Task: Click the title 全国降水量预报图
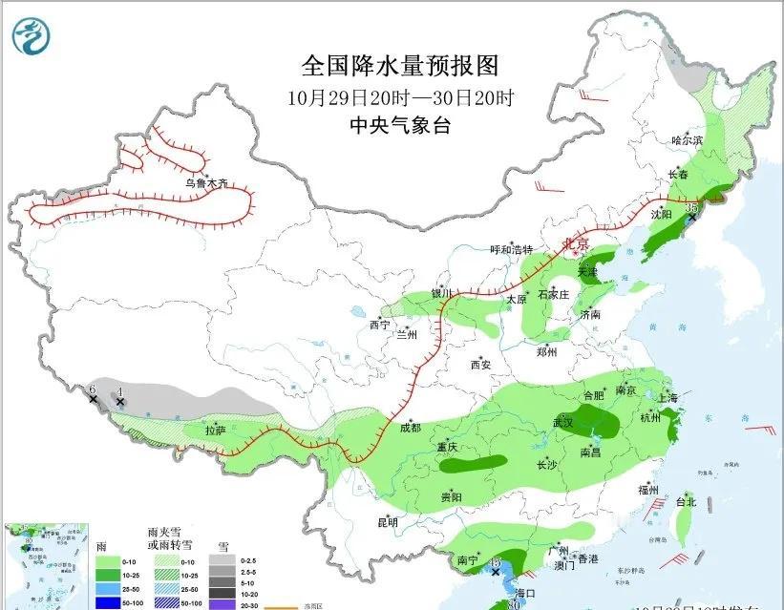pos(399,66)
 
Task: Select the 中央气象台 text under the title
pos(399,124)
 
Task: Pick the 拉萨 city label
pos(216,431)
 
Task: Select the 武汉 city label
pos(563,422)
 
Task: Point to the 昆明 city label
pos(387,522)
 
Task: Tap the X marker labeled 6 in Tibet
pos(93,398)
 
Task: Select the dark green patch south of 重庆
pos(473,465)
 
